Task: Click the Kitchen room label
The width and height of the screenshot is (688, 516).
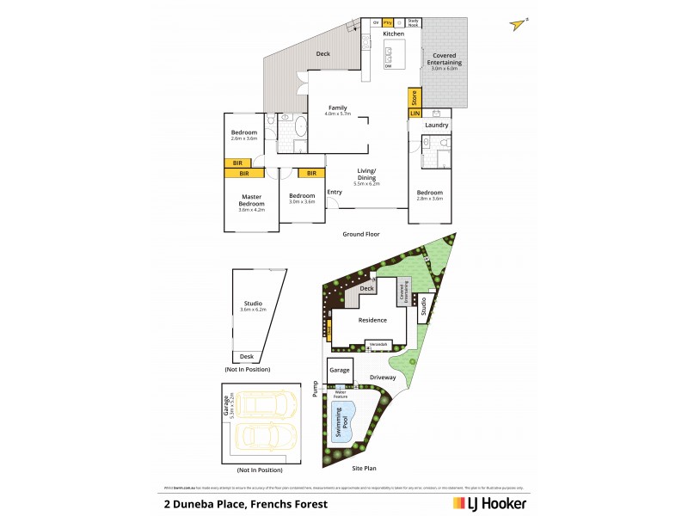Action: [393, 34]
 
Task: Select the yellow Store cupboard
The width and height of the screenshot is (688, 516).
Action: [414, 96]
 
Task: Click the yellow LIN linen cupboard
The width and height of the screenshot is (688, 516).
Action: [414, 113]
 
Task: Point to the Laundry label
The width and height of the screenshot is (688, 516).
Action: [436, 126]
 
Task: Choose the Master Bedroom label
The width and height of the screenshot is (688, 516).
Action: [251, 199]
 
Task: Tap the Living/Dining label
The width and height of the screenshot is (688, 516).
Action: [367, 175]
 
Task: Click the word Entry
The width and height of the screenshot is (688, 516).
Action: [335, 192]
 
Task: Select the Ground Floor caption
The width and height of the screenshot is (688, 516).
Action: [361, 234]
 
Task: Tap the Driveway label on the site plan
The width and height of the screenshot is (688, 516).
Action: [383, 378]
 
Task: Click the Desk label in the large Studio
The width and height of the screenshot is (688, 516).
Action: [247, 356]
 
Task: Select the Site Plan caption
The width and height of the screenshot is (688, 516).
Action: [365, 470]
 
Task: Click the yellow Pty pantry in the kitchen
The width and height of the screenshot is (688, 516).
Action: [388, 22]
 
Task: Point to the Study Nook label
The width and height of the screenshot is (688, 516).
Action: [412, 22]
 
